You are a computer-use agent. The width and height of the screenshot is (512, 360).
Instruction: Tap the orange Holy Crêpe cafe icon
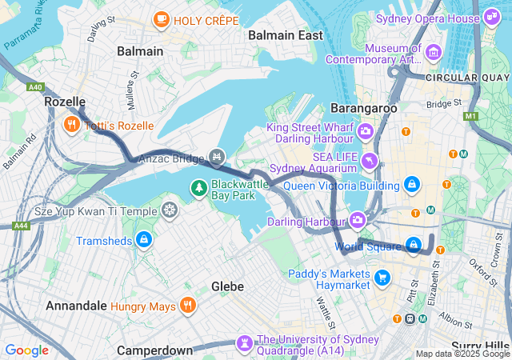tap(161, 18)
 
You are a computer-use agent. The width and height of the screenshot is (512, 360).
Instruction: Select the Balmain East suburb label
tap(286, 35)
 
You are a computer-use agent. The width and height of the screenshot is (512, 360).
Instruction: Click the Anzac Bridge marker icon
tap(215, 156)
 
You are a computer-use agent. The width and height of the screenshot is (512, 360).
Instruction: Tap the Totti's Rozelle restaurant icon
tap(71, 124)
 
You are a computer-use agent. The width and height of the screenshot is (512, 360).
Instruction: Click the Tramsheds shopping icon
tap(143, 239)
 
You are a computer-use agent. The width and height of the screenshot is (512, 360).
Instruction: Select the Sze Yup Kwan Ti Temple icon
tap(169, 210)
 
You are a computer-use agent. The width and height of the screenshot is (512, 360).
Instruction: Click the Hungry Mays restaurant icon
tap(187, 305)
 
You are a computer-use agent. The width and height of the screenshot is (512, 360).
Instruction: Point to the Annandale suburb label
tap(75, 306)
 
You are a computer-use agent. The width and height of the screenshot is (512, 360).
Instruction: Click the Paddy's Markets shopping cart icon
tap(382, 278)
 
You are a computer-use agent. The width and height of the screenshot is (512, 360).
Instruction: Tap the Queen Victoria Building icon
tap(411, 185)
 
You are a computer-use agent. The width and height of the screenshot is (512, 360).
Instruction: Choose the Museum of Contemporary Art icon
tap(434, 53)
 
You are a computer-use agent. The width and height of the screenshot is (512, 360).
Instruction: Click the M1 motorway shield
tap(470, 116)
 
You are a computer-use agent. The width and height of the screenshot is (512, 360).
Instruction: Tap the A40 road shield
tap(34, 87)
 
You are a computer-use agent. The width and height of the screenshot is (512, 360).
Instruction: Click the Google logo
tap(26, 350)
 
